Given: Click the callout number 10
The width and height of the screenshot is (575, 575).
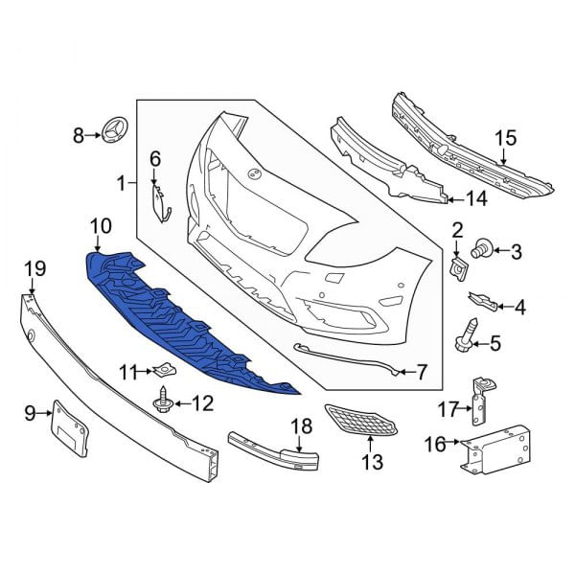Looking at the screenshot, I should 101,227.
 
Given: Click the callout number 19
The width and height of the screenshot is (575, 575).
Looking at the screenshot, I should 34,269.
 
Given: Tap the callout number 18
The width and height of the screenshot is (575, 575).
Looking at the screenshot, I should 302,425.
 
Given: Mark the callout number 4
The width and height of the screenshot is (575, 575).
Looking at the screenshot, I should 519,308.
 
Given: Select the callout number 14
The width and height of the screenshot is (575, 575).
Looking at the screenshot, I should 476,199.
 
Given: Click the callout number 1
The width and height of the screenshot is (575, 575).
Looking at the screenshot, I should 121,181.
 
